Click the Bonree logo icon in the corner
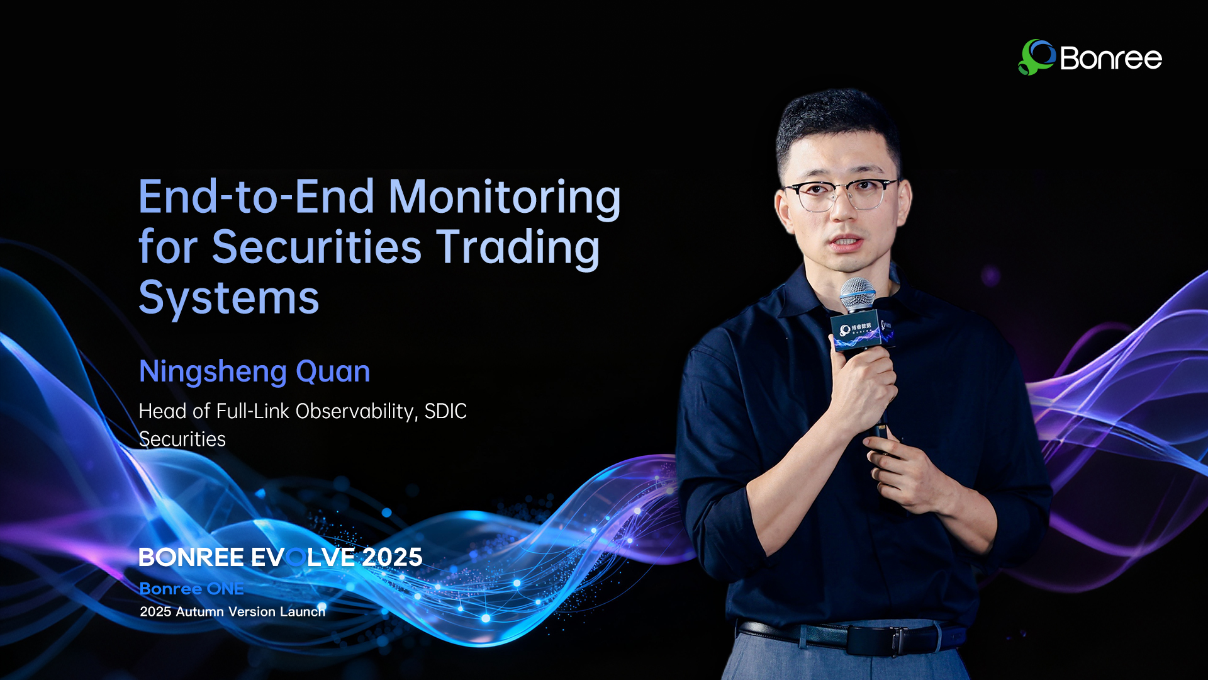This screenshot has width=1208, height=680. click(x=1036, y=57)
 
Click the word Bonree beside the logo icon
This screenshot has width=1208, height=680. click(x=1111, y=59)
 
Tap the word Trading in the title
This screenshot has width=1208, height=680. click(x=518, y=248)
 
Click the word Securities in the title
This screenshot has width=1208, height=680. click(x=316, y=247)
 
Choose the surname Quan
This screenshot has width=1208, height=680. click(x=333, y=371)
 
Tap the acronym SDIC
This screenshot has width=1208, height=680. click(x=445, y=411)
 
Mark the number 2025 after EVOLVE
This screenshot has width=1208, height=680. click(x=392, y=557)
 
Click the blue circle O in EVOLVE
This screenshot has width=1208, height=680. click(x=296, y=557)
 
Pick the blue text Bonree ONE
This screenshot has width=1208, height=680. click(x=191, y=589)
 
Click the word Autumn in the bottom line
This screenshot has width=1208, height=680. click(x=199, y=611)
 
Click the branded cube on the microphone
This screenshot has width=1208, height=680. click(x=862, y=329)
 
